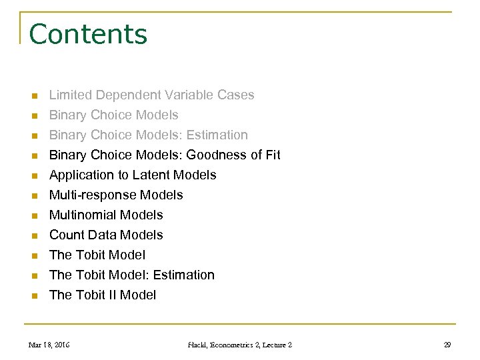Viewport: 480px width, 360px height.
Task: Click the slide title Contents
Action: (88, 33)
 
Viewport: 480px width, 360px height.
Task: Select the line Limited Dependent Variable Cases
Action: (151, 95)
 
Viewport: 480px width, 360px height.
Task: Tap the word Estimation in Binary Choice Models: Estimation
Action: (217, 135)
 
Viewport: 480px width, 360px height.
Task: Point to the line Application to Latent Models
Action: (133, 175)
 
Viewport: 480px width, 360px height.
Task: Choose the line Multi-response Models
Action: (116, 195)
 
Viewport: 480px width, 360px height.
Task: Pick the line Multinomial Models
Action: (106, 215)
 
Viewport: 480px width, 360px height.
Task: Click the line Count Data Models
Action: (106, 235)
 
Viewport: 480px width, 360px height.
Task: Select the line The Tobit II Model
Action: (103, 295)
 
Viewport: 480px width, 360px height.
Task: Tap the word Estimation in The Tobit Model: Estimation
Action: (184, 275)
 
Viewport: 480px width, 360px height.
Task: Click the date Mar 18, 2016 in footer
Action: (49, 345)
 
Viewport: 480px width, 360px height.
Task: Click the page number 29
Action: (447, 345)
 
